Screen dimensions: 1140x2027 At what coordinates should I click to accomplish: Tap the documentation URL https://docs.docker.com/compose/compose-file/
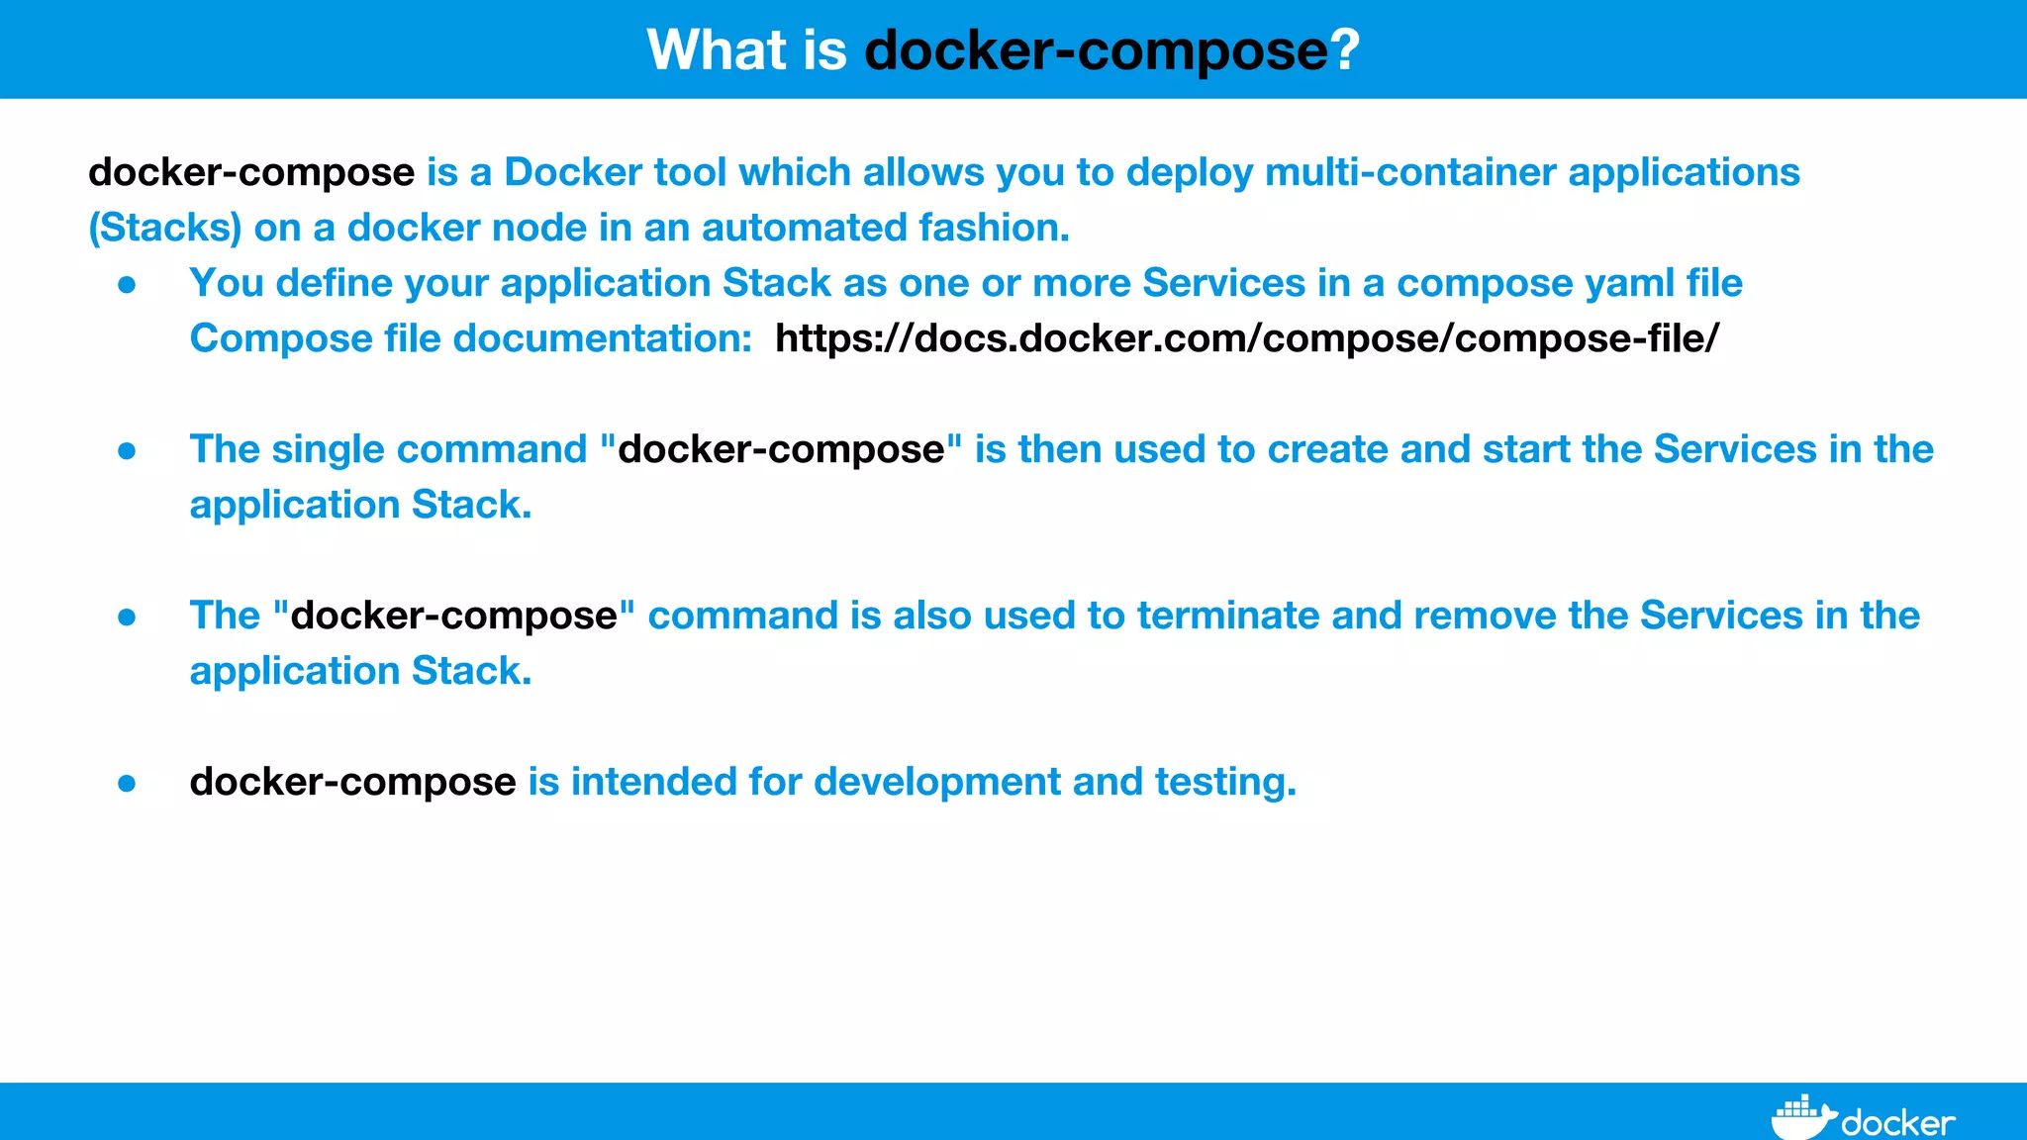(1247, 338)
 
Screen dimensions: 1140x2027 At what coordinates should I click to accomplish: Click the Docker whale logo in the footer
(1801, 1118)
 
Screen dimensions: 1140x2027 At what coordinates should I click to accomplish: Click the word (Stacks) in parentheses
(165, 228)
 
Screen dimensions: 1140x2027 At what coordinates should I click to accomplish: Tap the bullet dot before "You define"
(127, 285)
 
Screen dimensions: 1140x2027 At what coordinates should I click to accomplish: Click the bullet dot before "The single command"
(127, 451)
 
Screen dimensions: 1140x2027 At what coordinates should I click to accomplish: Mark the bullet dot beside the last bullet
(127, 784)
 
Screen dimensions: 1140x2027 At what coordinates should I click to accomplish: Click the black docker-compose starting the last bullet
(352, 782)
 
